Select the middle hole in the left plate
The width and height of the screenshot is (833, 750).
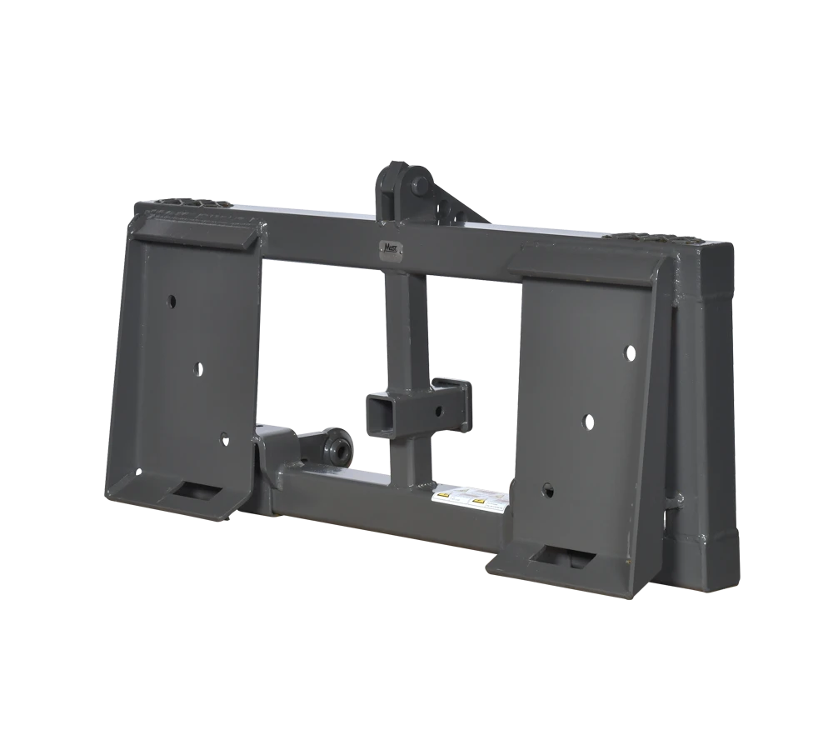tap(198, 367)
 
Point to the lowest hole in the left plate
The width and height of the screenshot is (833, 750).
tap(222, 436)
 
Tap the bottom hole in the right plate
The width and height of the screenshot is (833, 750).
tap(547, 490)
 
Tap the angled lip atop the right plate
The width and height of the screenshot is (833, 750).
tap(587, 265)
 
